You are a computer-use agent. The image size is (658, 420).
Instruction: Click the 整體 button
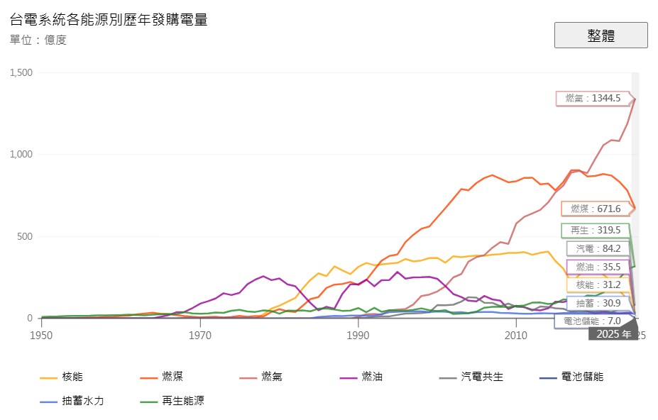point(601,35)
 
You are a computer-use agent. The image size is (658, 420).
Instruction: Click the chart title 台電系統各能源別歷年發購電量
point(109,19)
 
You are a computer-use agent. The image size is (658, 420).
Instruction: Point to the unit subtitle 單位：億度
point(38,40)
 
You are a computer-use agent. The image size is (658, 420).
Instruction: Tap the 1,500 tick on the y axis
point(21,73)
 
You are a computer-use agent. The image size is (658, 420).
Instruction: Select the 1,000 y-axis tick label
point(21,155)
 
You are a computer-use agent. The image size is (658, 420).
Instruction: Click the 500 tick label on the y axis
point(26,236)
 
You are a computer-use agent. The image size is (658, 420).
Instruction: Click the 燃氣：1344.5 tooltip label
point(593,99)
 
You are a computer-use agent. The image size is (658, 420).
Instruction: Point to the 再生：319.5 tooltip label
point(596,231)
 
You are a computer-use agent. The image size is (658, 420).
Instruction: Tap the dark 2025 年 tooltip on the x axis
point(613,333)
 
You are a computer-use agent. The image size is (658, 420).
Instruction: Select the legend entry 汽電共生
point(481,377)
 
